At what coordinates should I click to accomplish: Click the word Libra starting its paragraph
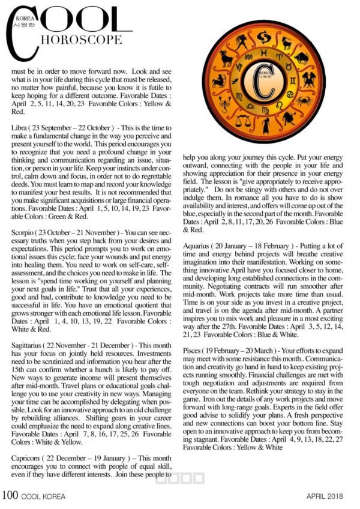[19, 128]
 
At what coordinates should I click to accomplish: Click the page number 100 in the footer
[10, 496]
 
